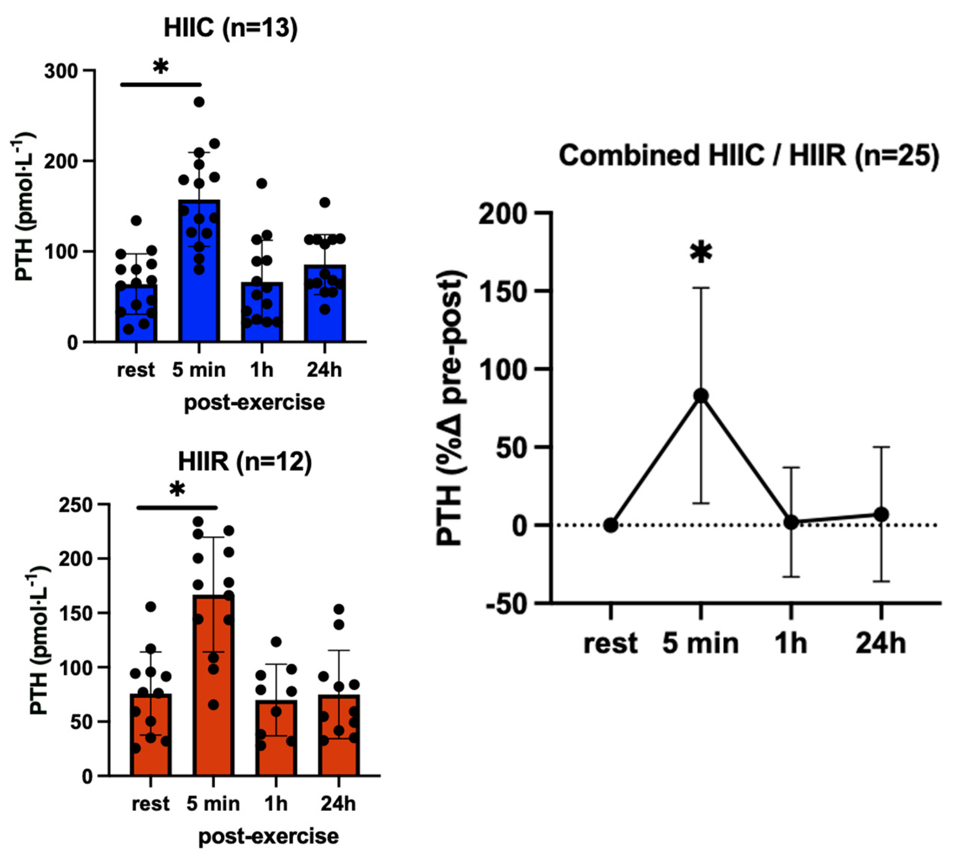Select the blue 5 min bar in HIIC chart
[199, 283]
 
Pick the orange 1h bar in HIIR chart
[276, 750]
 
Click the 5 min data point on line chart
[701, 395]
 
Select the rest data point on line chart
[610, 525]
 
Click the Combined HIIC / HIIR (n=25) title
[749, 156]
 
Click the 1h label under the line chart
[791, 643]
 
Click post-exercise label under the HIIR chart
[268, 836]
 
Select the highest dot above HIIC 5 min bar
[199, 102]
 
